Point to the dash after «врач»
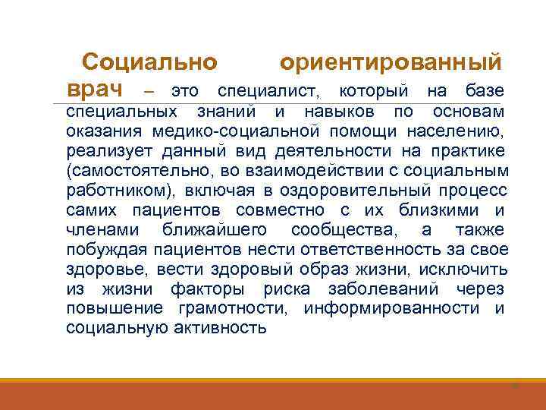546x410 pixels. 149,92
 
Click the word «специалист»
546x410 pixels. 268,92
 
